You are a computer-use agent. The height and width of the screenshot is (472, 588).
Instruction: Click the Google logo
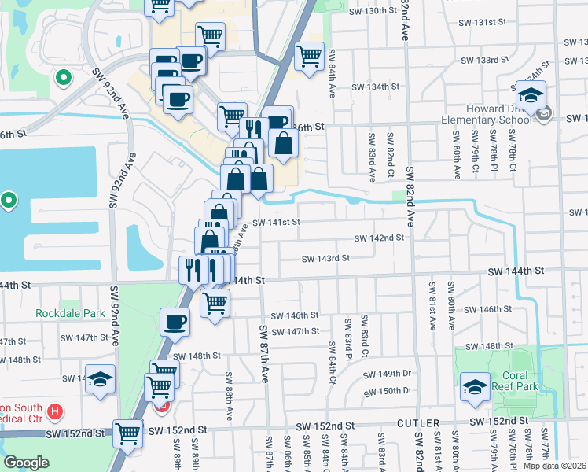pos(28,462)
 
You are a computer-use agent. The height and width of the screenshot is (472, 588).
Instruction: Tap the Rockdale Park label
pos(70,313)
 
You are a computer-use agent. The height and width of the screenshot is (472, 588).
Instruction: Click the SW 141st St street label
pos(276,223)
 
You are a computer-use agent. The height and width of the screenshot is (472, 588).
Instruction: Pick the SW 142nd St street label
pos(379,238)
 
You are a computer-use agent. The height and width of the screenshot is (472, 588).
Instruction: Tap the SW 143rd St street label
pos(325,257)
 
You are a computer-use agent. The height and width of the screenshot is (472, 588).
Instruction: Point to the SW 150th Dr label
pos(390,391)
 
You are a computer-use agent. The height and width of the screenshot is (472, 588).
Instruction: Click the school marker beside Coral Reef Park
pos(475,388)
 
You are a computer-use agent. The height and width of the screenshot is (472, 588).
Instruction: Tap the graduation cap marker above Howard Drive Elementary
pos(531,95)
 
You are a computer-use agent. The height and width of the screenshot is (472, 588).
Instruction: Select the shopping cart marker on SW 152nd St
pos(127,432)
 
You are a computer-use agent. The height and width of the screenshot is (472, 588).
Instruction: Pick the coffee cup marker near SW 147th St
pos(175,321)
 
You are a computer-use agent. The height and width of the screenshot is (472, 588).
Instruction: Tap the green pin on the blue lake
pos(9,201)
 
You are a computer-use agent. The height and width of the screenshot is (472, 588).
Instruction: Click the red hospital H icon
pos(54,411)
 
